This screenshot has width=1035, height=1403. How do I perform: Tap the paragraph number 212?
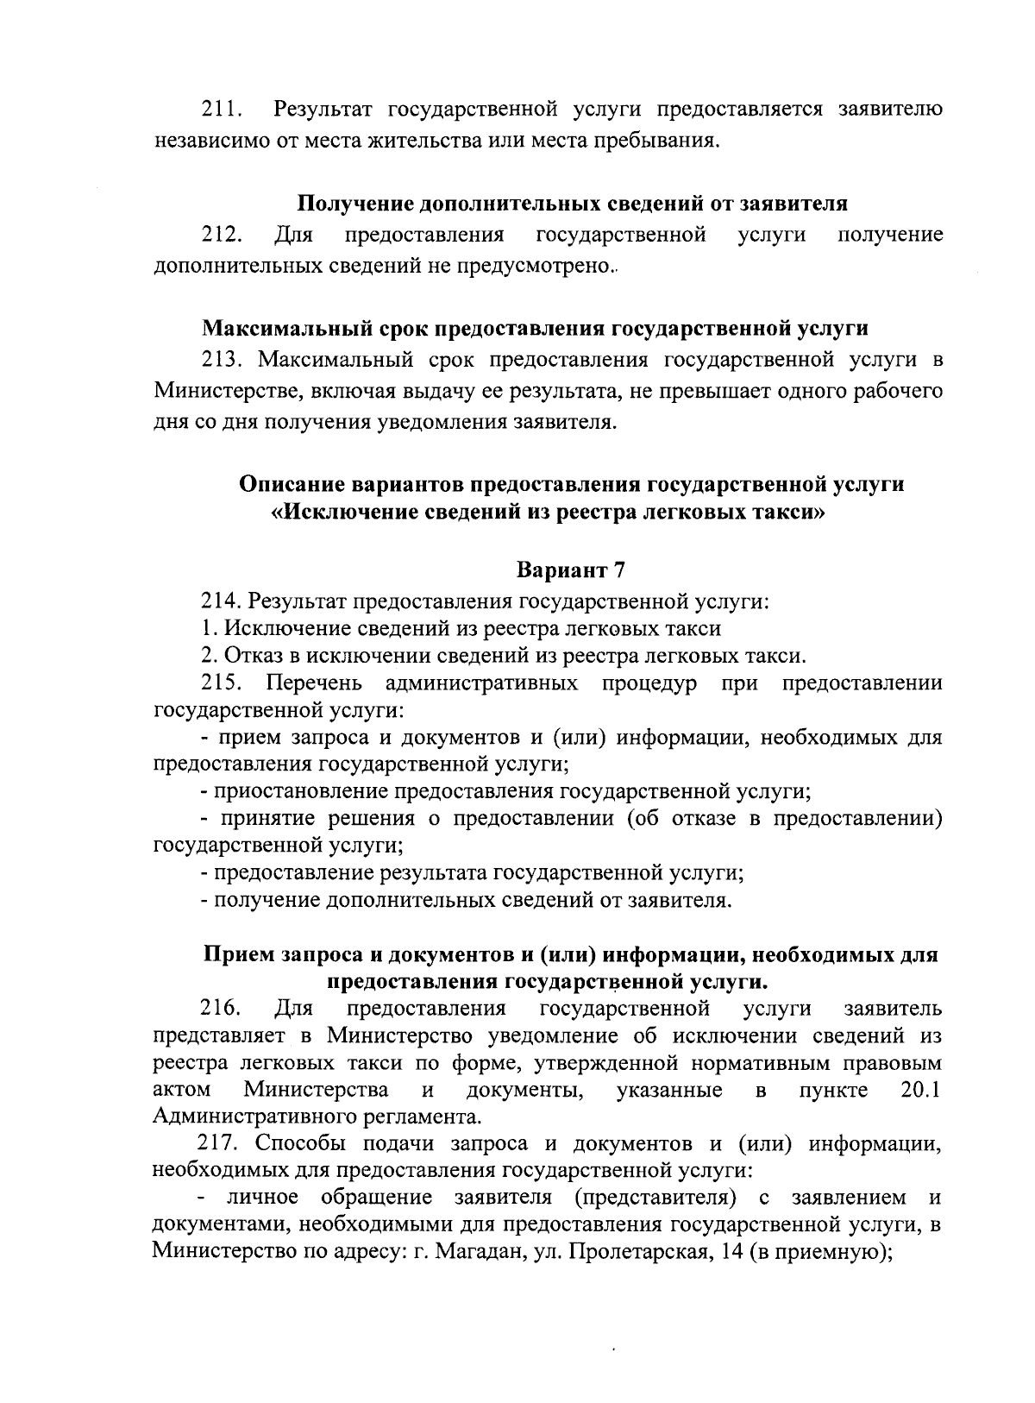(222, 235)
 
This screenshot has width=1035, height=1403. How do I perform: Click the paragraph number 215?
(222, 684)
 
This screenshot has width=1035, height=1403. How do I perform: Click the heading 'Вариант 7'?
(570, 570)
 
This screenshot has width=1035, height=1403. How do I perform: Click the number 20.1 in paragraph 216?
(919, 1091)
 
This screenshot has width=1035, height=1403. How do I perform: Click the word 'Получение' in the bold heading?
(354, 204)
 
